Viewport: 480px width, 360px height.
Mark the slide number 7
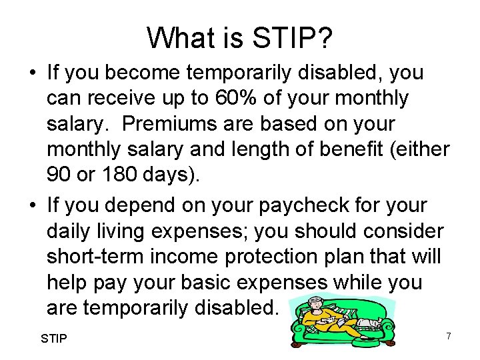449,336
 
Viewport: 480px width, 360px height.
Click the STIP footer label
54,339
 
